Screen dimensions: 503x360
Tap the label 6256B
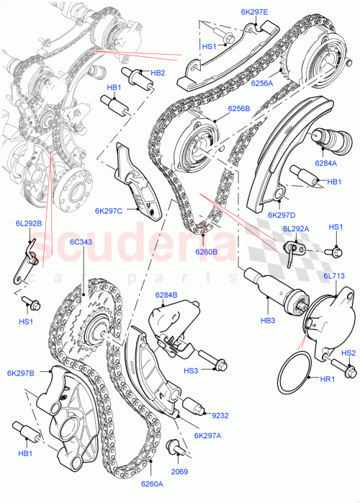pyautogui.click(x=238, y=109)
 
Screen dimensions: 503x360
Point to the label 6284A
pyautogui.click(x=325, y=164)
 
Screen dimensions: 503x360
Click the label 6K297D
pyautogui.click(x=282, y=215)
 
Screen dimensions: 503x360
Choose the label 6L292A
pyautogui.click(x=296, y=228)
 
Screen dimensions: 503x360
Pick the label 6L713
pyautogui.click(x=335, y=276)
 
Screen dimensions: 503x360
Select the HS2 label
pyautogui.click(x=348, y=353)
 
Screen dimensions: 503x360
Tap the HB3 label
pyautogui.click(x=268, y=320)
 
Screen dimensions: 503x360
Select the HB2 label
pyautogui.click(x=158, y=73)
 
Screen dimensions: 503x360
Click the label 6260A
pyautogui.click(x=153, y=484)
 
